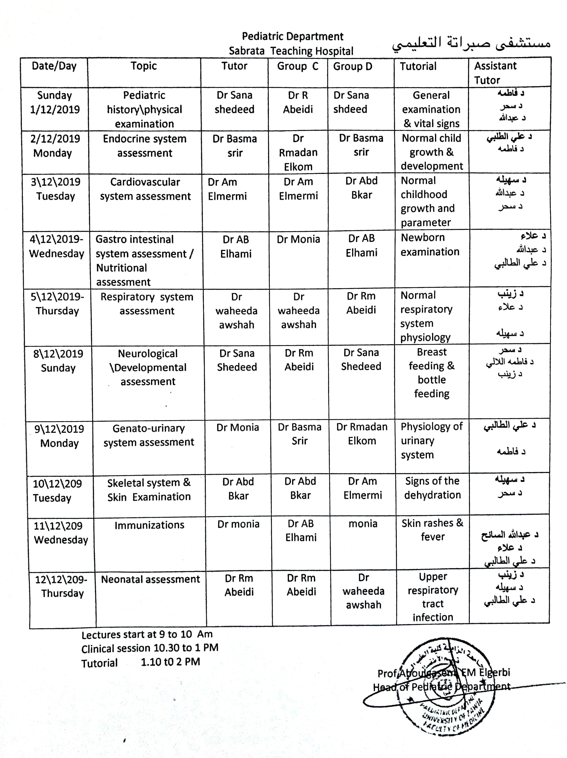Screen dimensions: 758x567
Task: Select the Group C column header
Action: (x=298, y=66)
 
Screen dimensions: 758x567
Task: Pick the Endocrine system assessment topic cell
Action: (x=145, y=146)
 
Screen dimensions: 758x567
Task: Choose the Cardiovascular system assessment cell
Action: (x=145, y=189)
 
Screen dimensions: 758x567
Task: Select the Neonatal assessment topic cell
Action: (x=150, y=579)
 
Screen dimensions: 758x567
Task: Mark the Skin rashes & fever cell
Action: (x=432, y=530)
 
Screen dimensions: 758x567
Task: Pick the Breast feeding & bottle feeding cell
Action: (x=432, y=373)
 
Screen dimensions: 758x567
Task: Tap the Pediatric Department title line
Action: (x=293, y=36)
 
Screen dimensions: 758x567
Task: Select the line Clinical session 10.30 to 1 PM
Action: (x=149, y=648)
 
